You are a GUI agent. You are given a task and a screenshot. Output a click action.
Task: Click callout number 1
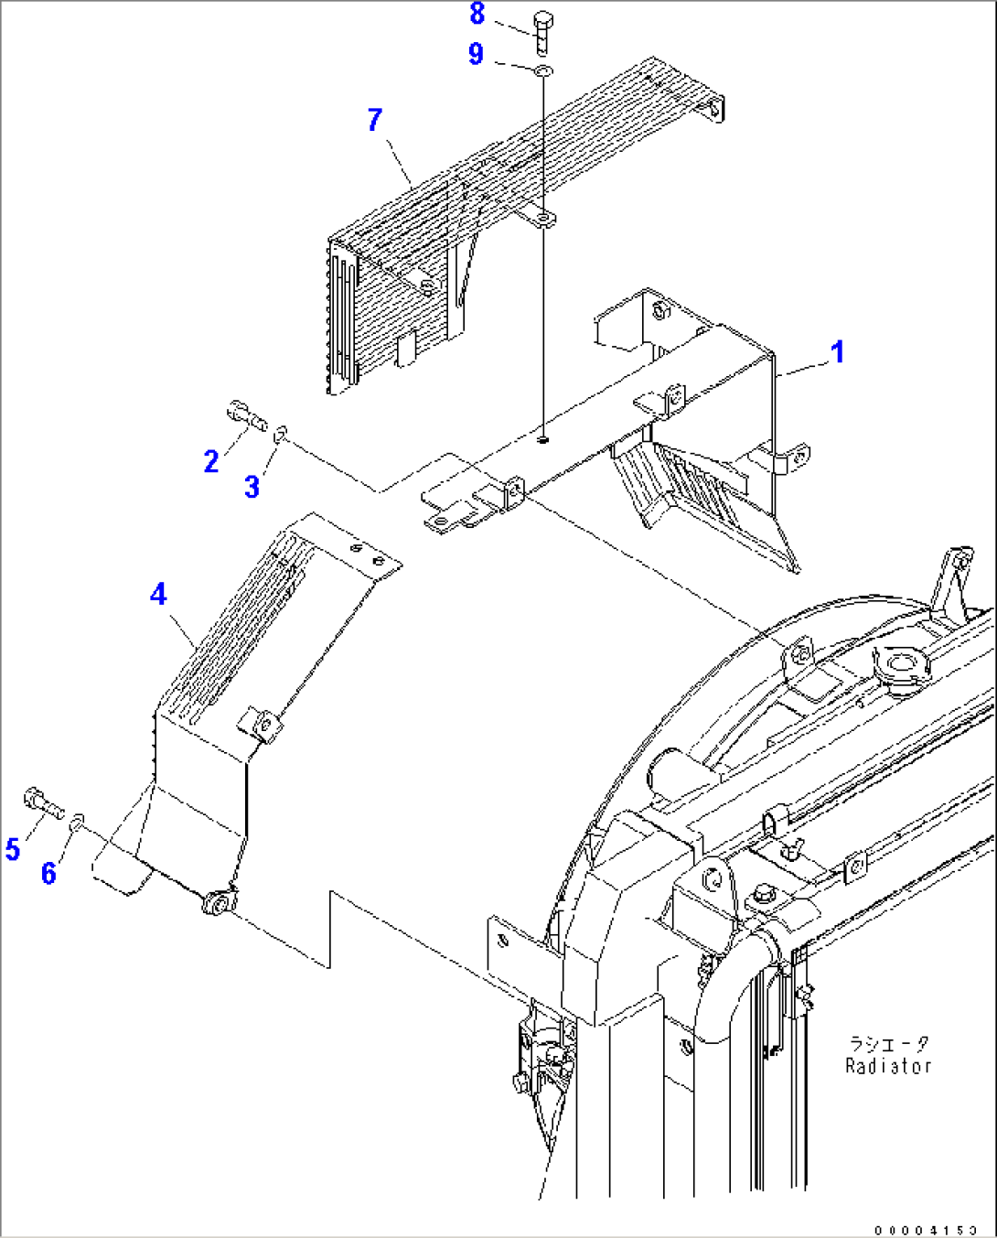click(837, 352)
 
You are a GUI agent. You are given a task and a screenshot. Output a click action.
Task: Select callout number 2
click(211, 462)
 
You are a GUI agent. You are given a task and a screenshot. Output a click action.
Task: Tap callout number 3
click(252, 487)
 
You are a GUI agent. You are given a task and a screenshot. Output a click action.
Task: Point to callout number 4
click(158, 595)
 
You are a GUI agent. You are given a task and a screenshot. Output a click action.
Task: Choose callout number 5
click(13, 849)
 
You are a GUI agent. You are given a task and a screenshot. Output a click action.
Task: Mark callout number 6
click(48, 873)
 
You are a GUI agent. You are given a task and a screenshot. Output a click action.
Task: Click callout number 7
click(374, 120)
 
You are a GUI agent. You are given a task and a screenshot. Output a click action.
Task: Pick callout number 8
click(477, 14)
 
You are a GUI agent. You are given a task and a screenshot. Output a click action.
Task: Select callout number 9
click(476, 54)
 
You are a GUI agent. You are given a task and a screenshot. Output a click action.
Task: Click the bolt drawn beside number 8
click(541, 32)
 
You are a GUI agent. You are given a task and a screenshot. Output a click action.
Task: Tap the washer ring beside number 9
click(542, 70)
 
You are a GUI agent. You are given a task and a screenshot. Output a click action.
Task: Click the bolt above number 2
click(245, 415)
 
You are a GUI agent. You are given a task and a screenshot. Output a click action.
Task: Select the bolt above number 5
click(42, 802)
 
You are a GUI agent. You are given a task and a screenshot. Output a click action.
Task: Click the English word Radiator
click(887, 1066)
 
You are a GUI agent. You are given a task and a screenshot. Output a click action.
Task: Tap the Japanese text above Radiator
click(887, 1044)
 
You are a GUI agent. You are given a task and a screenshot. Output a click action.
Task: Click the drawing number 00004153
click(925, 1230)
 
